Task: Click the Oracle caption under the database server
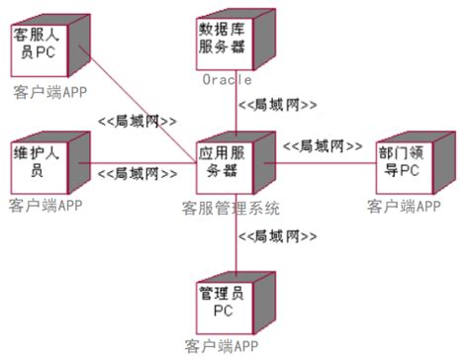tap(227, 79)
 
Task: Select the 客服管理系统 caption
tap(232, 208)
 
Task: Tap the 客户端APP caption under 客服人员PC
tap(50, 92)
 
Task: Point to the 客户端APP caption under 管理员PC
tap(223, 347)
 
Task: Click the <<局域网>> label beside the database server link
tap(281, 104)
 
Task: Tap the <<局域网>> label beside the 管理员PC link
tap(281, 236)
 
